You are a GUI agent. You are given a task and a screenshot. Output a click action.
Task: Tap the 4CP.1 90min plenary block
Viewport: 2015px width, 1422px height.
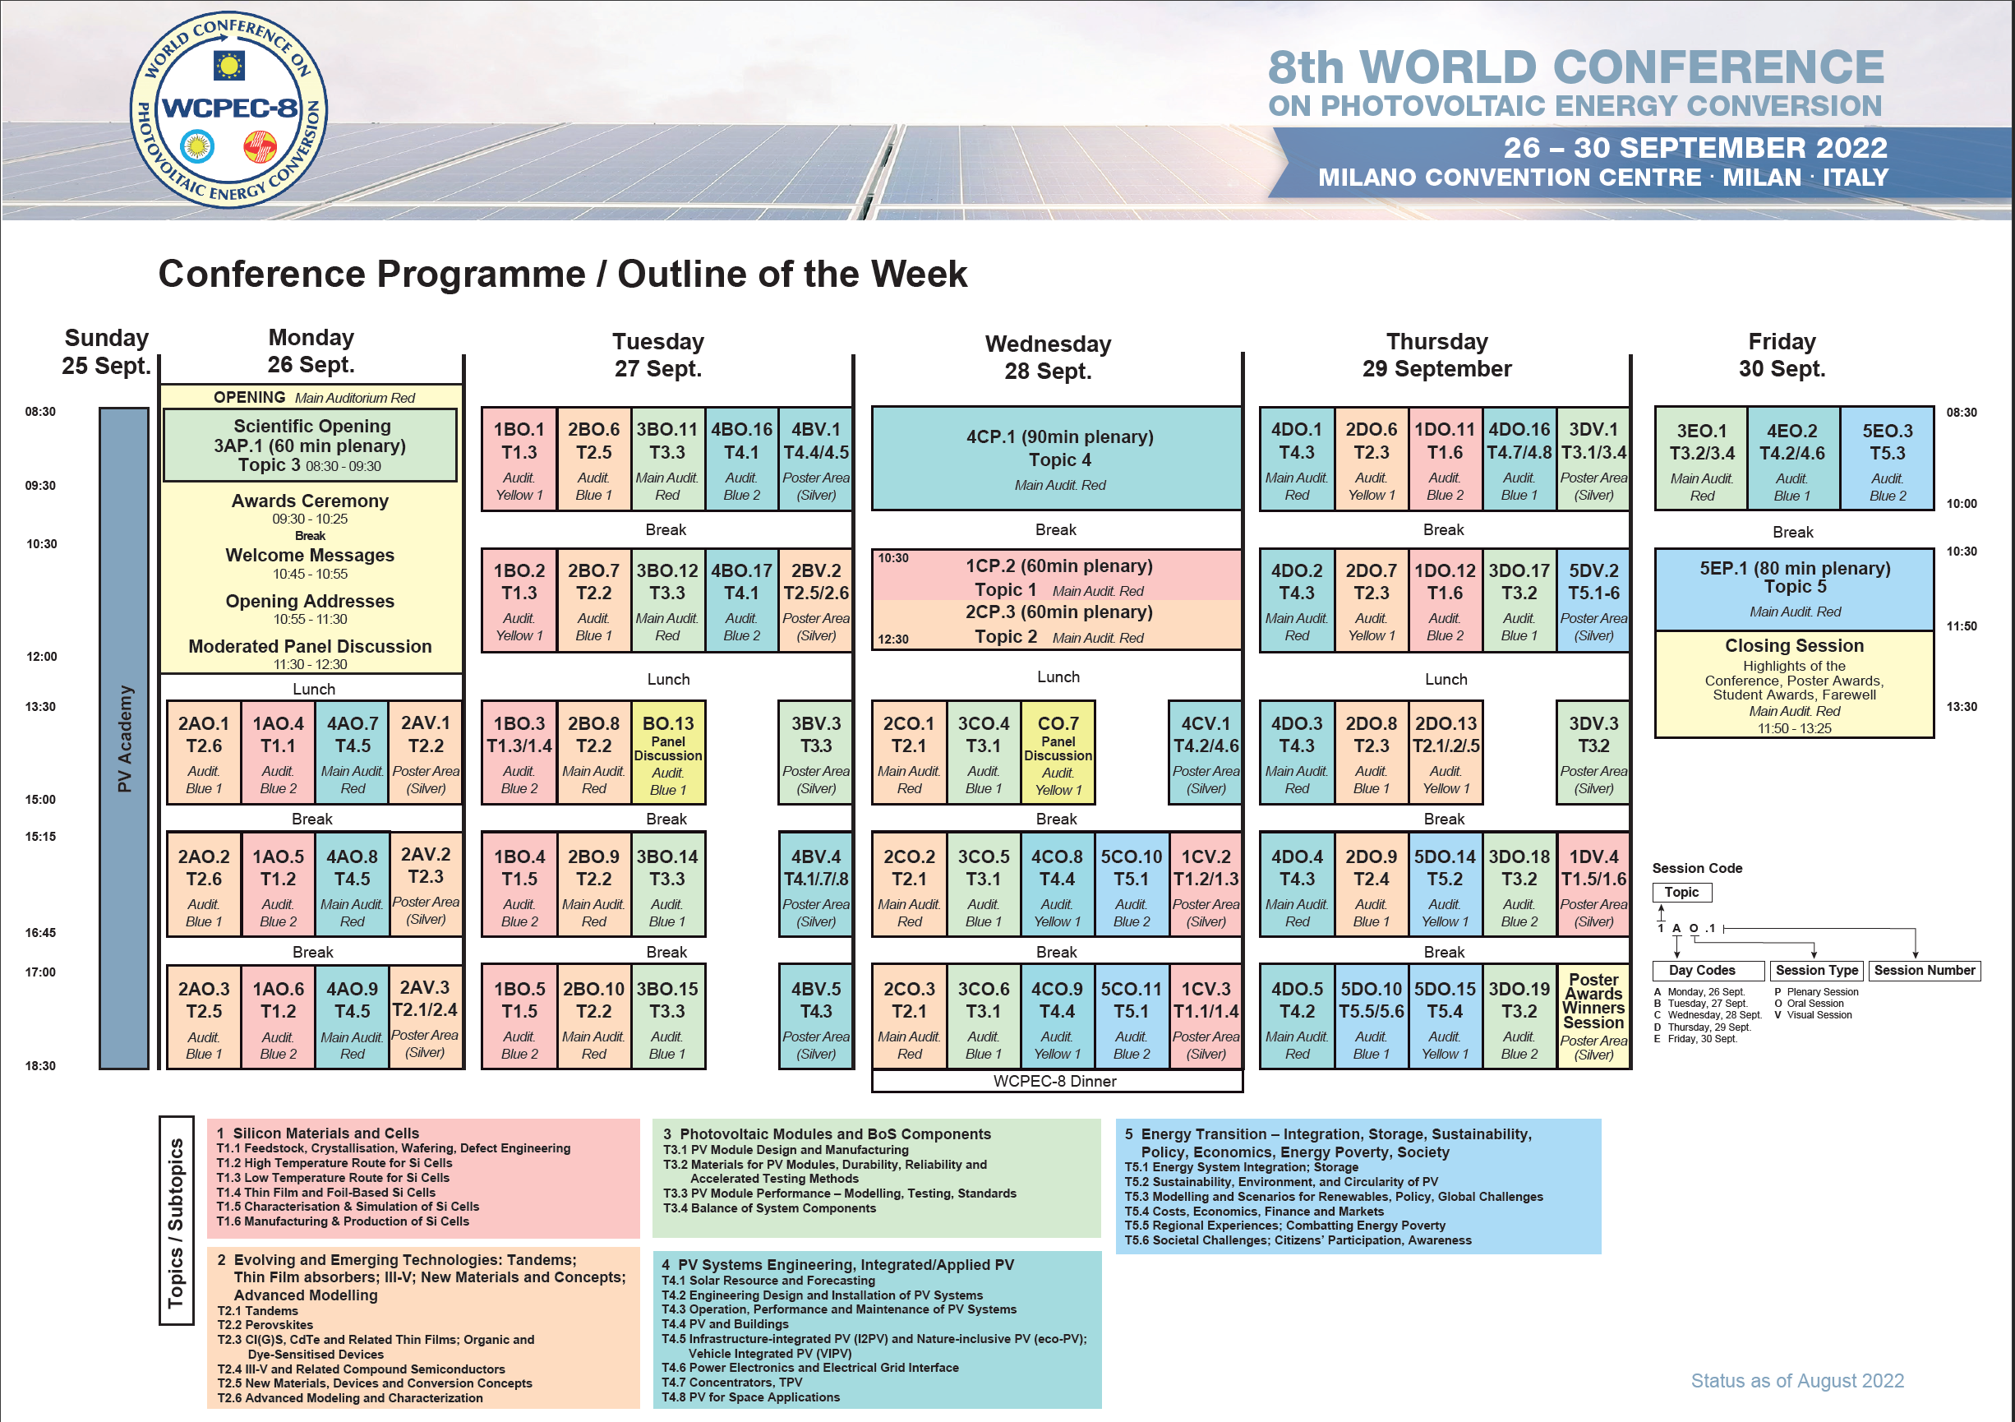click(1057, 458)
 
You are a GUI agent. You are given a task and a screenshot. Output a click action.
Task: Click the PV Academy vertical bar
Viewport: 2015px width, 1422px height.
click(124, 738)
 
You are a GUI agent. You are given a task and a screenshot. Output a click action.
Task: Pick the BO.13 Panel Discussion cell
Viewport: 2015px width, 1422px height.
click(668, 752)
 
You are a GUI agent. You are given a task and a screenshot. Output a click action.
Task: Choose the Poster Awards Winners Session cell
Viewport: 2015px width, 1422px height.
click(1593, 1016)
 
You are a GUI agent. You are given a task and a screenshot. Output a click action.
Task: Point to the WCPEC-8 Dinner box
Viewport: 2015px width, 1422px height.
click(1056, 1082)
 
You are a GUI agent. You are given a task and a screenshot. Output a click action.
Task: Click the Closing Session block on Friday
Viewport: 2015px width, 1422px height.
click(1793, 685)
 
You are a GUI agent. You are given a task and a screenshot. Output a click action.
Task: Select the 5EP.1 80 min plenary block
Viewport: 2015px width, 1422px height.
click(1793, 588)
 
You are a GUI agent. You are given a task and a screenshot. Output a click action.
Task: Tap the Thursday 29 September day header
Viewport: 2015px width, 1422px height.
click(1436, 354)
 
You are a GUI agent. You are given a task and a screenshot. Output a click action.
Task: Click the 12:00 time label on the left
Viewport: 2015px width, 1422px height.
click(41, 657)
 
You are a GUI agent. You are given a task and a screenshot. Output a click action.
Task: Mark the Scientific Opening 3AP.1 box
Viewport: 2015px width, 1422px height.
click(311, 445)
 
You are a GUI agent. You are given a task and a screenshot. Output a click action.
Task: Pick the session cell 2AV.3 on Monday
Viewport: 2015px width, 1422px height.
click(426, 1016)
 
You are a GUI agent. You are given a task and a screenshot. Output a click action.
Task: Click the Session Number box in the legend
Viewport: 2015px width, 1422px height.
click(1924, 970)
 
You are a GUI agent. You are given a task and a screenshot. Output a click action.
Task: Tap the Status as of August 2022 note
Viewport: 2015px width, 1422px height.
click(1796, 1381)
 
